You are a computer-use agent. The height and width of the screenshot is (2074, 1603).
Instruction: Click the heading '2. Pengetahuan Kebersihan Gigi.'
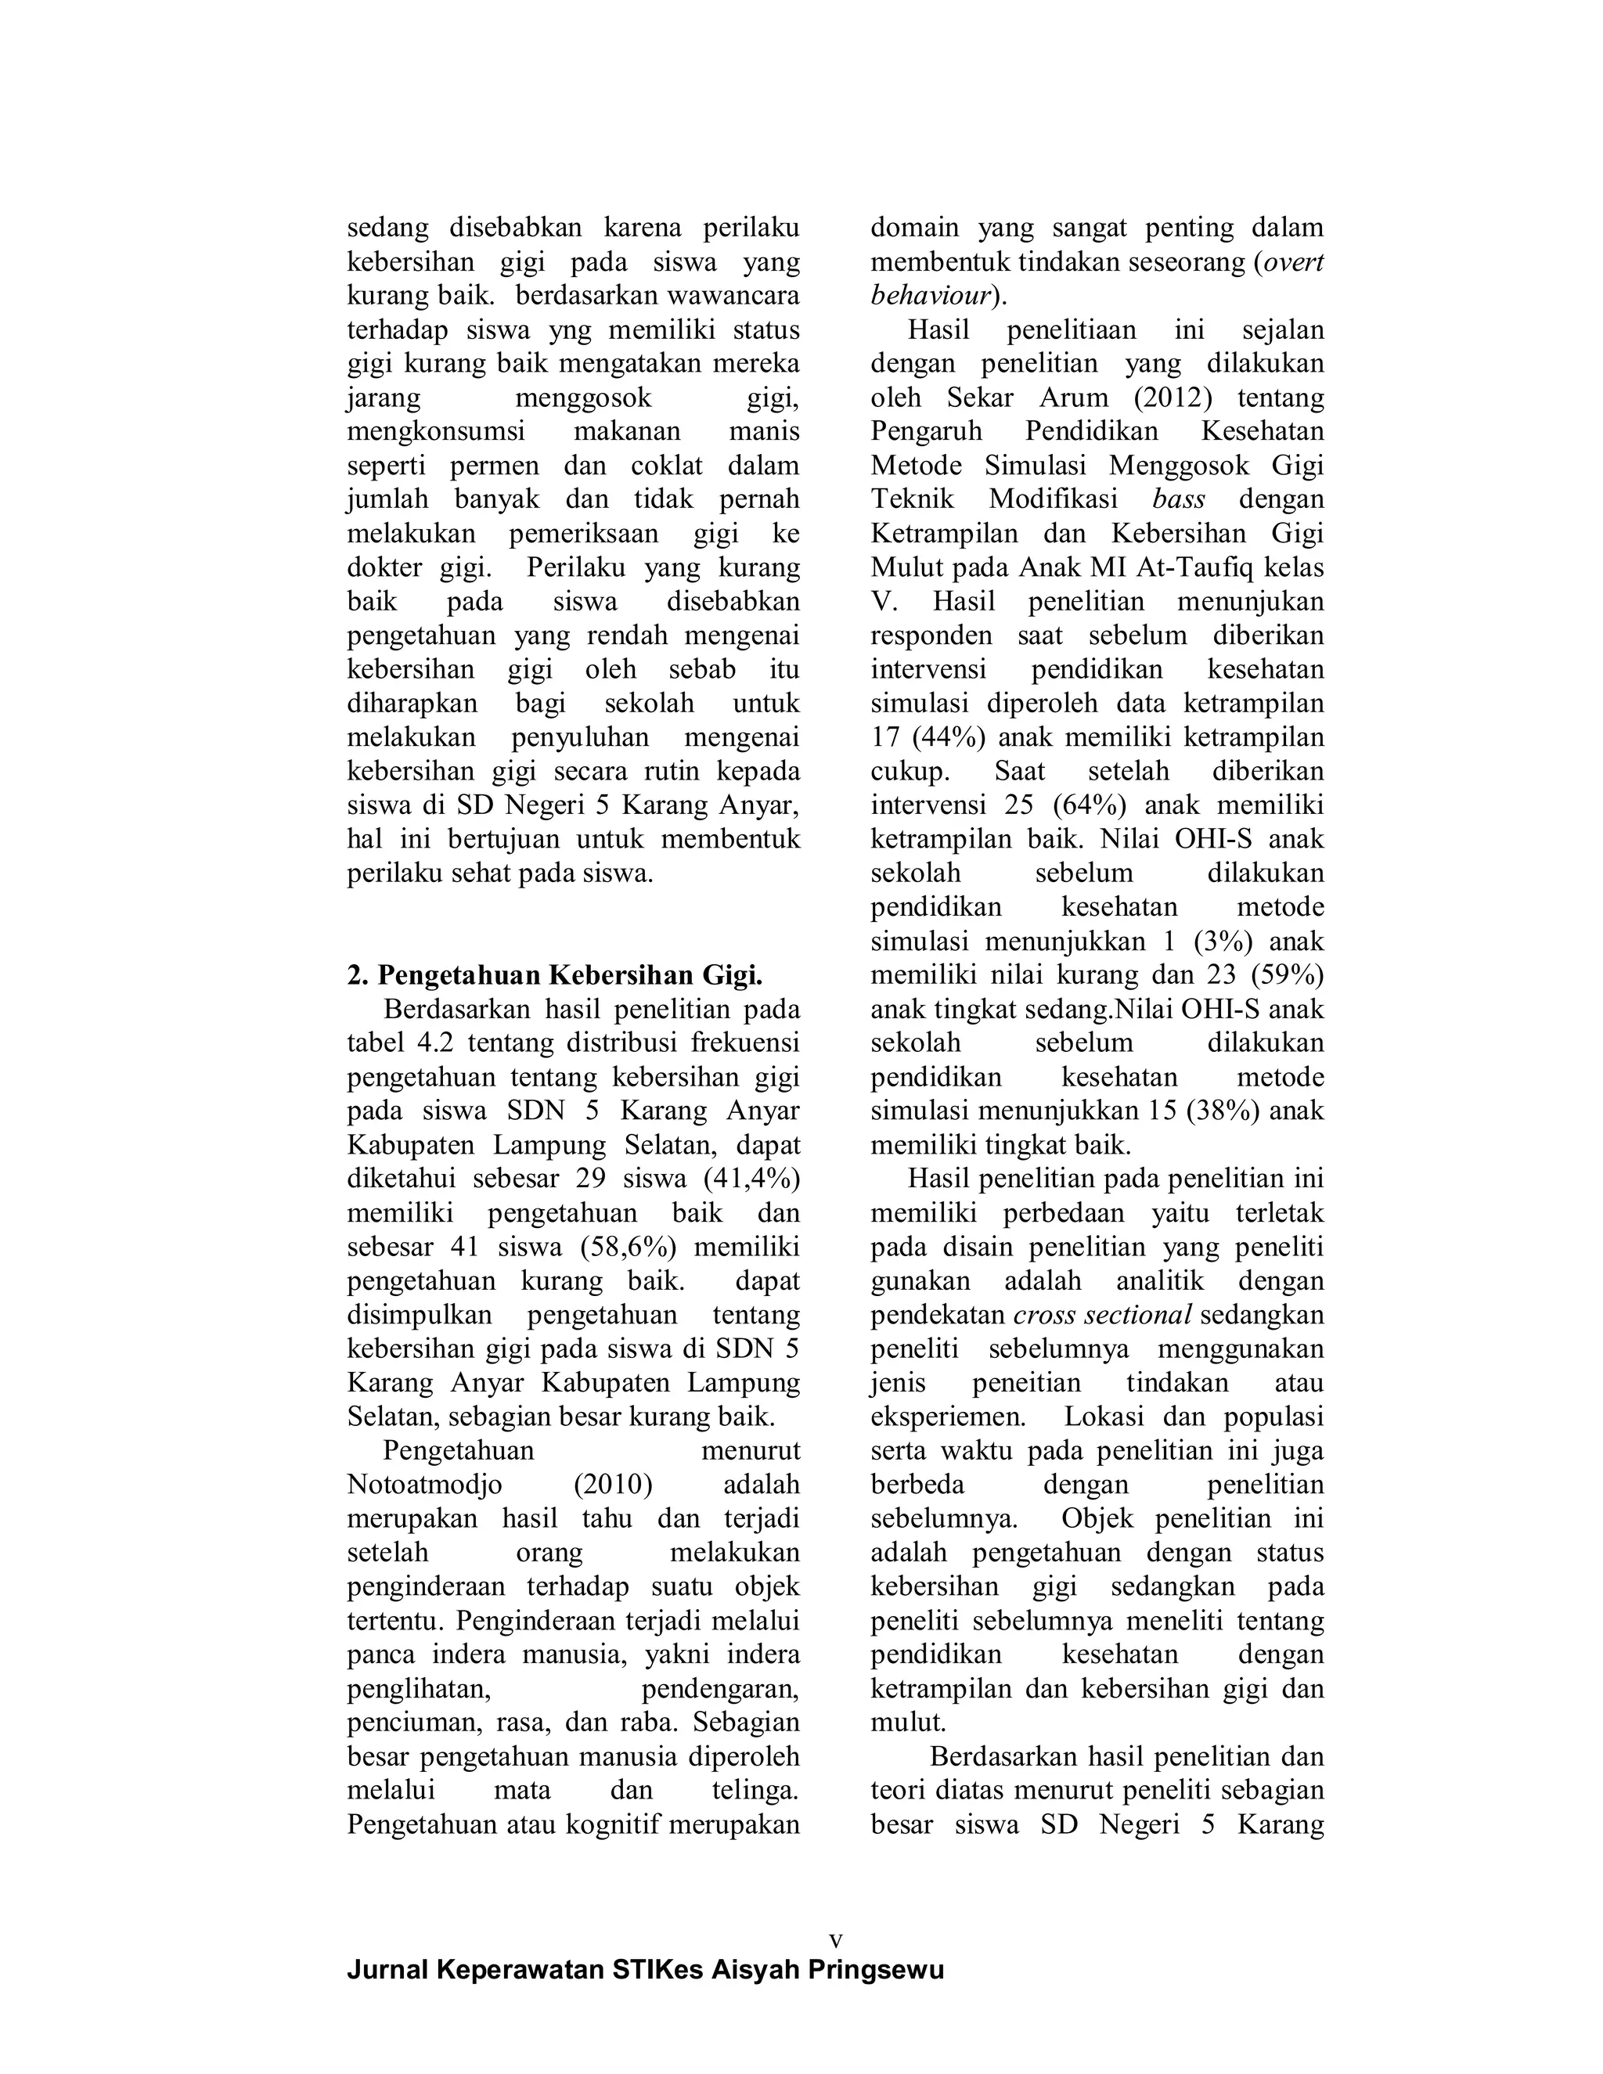[555, 975]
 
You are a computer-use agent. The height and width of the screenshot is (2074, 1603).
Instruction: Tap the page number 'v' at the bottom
[836, 1938]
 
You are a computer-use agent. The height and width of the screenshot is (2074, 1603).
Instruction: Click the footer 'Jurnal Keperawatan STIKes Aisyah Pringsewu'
[646, 1971]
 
